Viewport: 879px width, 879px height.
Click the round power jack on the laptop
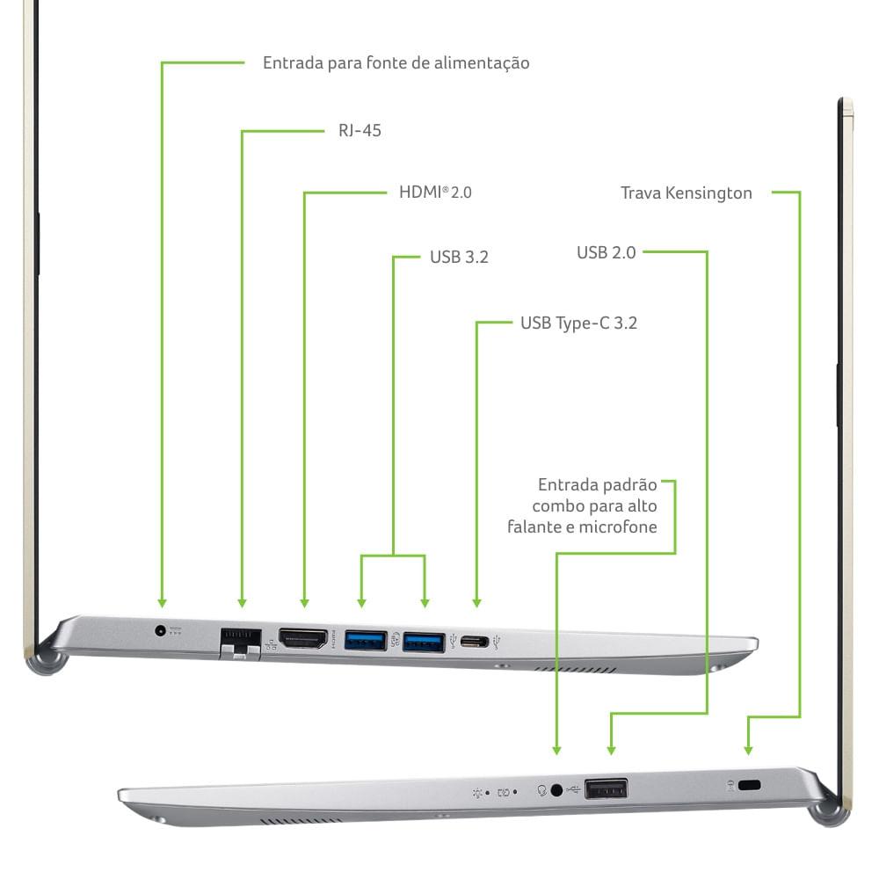point(160,630)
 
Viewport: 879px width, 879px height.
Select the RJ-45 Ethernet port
point(241,643)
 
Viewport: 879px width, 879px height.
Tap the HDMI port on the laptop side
point(303,638)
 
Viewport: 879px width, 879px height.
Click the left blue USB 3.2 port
point(366,640)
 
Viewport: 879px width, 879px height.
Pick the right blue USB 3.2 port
point(424,642)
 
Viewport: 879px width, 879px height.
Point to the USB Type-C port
point(475,641)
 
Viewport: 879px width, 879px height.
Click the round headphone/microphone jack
point(556,790)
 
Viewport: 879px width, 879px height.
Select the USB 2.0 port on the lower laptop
point(606,788)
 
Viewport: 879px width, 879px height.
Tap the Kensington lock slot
point(749,785)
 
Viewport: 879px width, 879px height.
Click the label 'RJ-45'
point(360,131)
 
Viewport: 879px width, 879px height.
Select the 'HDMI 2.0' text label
point(435,193)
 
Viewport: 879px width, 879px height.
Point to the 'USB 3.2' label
point(459,257)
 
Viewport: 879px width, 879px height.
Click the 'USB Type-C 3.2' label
point(578,323)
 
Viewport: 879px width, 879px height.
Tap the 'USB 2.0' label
point(606,253)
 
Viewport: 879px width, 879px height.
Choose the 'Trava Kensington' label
point(686,193)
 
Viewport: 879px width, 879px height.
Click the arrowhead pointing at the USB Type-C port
point(476,603)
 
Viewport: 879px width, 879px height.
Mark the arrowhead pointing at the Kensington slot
point(748,751)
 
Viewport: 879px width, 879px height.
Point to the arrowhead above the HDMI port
point(304,603)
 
